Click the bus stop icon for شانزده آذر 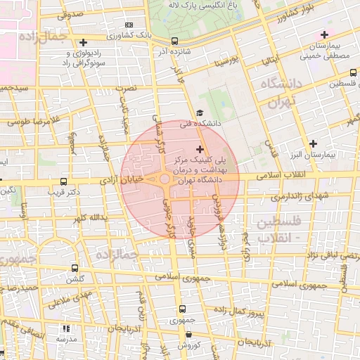[174, 41]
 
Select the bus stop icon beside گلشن [75, 268]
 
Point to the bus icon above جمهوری [182, 309]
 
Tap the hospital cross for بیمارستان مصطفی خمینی [324, 34]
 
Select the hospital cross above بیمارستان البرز [313, 143]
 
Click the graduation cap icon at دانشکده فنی [200, 112]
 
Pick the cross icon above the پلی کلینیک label [201, 149]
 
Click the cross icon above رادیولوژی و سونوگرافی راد [84, 42]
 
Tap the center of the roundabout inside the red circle [165, 180]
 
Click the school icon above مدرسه [66, 328]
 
